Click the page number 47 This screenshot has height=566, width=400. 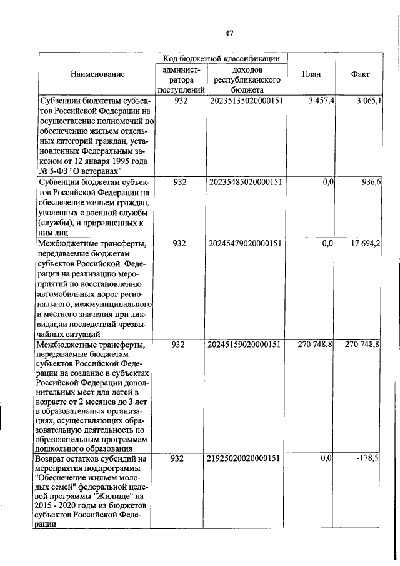click(x=229, y=34)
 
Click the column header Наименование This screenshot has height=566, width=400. click(x=97, y=74)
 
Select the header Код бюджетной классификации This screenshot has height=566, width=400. click(x=222, y=58)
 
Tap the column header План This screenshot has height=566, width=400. click(x=311, y=74)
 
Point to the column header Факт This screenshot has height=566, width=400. click(x=360, y=74)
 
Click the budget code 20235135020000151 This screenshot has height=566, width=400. click(x=246, y=101)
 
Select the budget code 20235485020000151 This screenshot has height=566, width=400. click(x=246, y=182)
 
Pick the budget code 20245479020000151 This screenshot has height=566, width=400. click(x=246, y=243)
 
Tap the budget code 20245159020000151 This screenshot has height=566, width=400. click(x=246, y=345)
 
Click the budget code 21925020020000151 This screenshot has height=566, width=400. click(x=246, y=458)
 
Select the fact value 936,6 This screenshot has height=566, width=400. click(x=372, y=182)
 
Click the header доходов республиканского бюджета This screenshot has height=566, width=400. click(x=246, y=80)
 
